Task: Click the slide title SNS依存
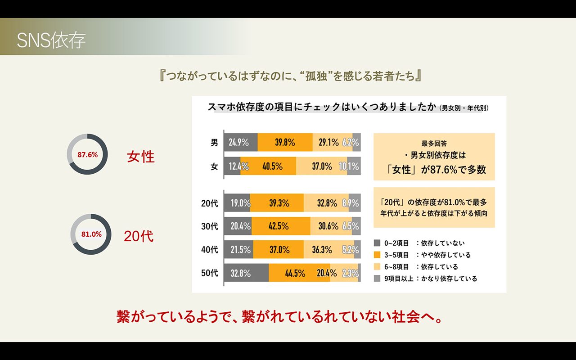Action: click(x=51, y=40)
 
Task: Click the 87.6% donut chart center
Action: click(x=87, y=154)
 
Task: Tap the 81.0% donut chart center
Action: click(x=91, y=234)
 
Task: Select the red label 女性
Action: click(x=141, y=157)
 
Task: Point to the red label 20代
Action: click(x=139, y=236)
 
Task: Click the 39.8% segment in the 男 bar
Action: click(x=285, y=143)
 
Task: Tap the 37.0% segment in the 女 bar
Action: click(x=321, y=166)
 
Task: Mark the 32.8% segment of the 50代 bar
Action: click(x=246, y=273)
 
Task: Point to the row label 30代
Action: click(x=209, y=226)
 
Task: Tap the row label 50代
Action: click(x=209, y=273)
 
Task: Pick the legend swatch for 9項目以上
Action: click(x=378, y=279)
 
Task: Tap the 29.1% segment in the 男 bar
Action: click(x=332, y=143)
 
